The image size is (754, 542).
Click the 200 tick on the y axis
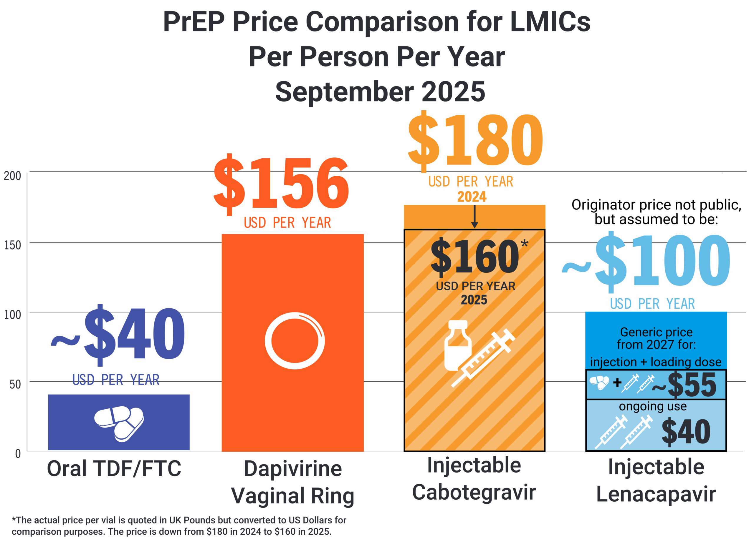tap(12, 176)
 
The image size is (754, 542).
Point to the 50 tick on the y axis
tap(15, 384)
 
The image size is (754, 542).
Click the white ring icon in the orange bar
tap(295, 341)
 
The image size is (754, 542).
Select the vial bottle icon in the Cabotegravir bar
tap(458, 345)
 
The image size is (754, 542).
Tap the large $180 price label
tap(475, 141)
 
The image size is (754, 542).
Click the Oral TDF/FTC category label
tap(114, 469)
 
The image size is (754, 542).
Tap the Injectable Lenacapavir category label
tap(656, 480)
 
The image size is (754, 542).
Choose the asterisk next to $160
tap(524, 243)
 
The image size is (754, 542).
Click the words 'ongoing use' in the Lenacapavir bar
tap(653, 406)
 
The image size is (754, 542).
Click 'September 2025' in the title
tap(380, 92)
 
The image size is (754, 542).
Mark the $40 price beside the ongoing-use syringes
tap(686, 432)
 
